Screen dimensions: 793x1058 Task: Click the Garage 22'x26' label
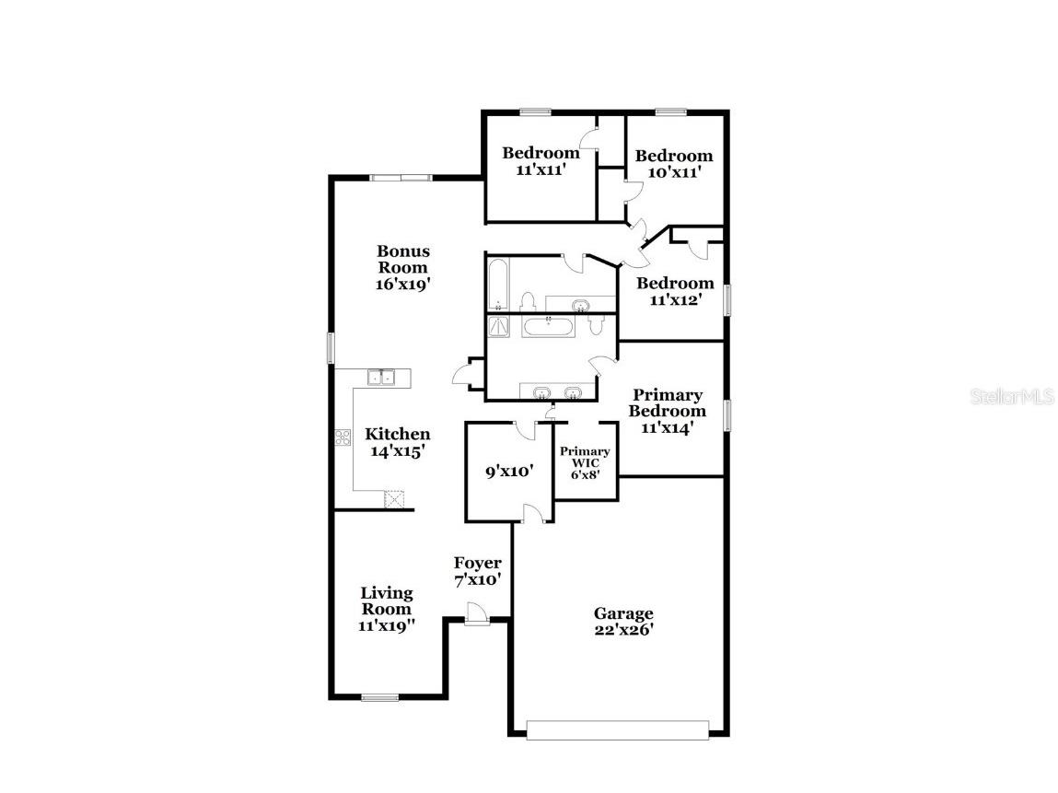pos(623,622)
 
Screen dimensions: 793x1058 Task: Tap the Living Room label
pos(386,608)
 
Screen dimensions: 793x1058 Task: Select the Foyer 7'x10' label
pos(477,571)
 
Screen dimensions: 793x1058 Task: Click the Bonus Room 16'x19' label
pos(402,267)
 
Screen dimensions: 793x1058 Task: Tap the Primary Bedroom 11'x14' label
pos(668,411)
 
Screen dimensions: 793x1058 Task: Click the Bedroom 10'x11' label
pos(674,163)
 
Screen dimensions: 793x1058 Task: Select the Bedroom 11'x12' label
pos(675,290)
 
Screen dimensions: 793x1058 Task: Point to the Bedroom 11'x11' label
pos(541,161)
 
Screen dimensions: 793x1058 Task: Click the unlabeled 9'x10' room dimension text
pos(510,472)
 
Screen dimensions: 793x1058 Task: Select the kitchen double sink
pos(380,377)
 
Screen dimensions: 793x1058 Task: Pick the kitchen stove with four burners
pos(343,437)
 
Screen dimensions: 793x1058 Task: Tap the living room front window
pos(378,697)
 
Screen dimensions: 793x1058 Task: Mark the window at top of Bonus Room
pos(401,178)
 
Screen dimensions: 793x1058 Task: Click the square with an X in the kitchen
pos(394,499)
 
